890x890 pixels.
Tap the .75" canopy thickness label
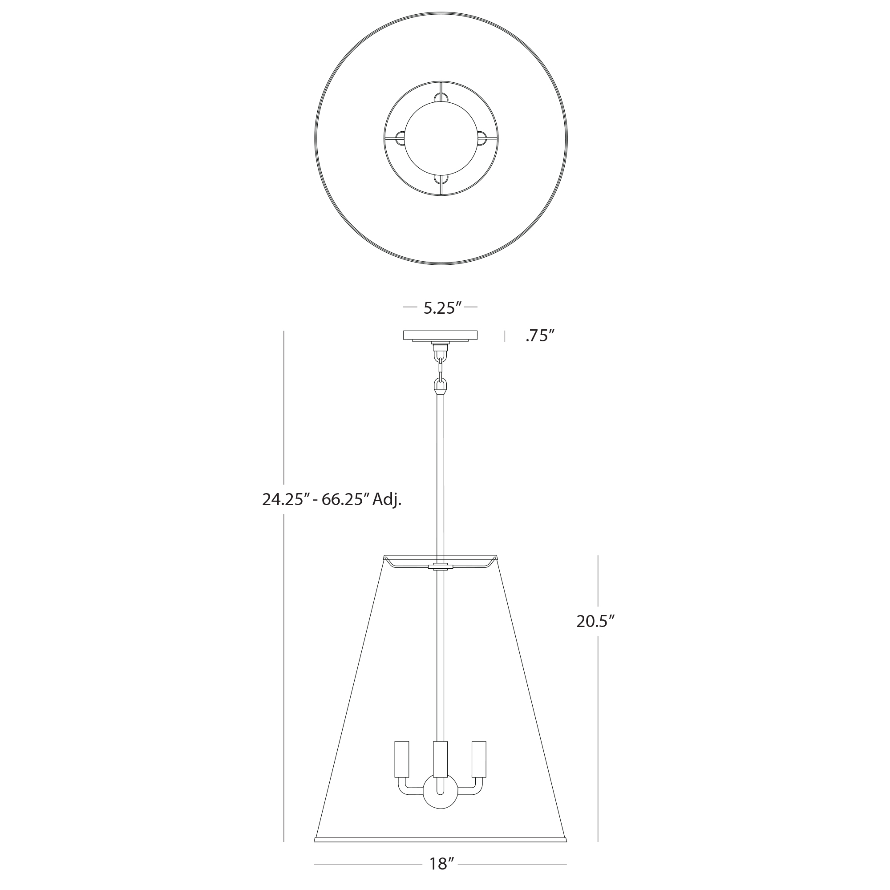point(539,336)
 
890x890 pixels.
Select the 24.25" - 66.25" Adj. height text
point(332,499)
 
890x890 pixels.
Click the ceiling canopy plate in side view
point(441,336)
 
